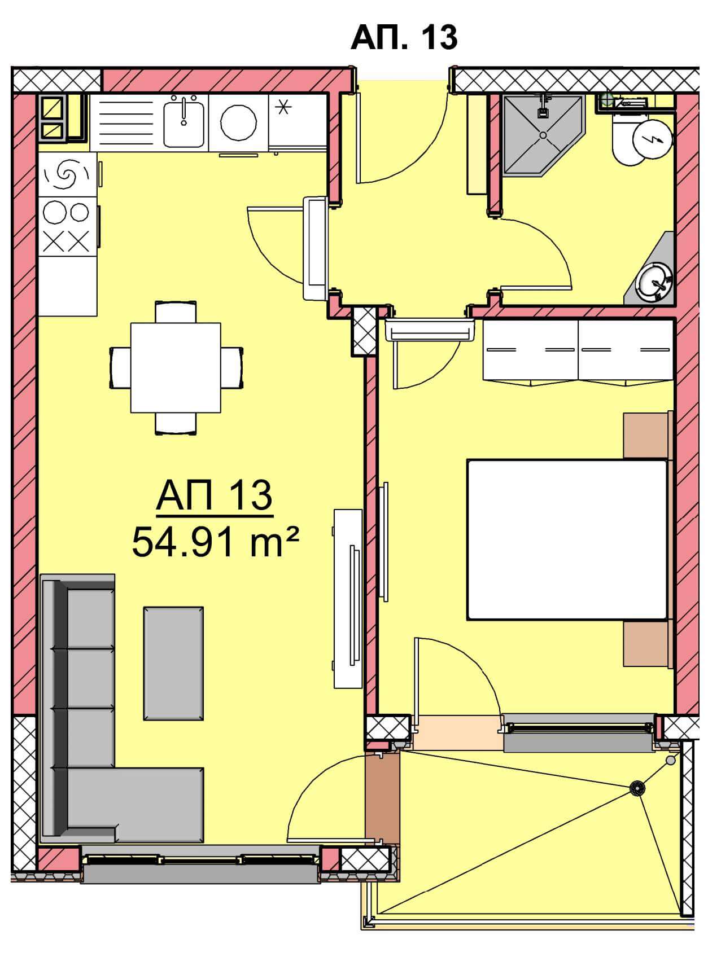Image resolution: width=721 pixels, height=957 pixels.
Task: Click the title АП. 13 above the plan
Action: click(404, 37)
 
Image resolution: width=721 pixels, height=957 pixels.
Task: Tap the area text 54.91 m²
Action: click(215, 542)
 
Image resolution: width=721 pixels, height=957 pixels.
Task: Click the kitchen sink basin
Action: click(184, 121)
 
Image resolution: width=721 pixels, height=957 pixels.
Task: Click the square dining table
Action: click(176, 367)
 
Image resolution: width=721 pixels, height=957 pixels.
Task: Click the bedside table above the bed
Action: click(646, 436)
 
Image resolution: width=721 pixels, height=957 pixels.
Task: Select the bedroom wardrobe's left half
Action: click(531, 350)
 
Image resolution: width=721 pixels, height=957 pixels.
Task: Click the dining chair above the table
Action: click(176, 312)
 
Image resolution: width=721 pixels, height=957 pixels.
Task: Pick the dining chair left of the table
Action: click(120, 367)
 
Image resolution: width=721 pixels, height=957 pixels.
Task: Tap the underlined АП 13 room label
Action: click(215, 497)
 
